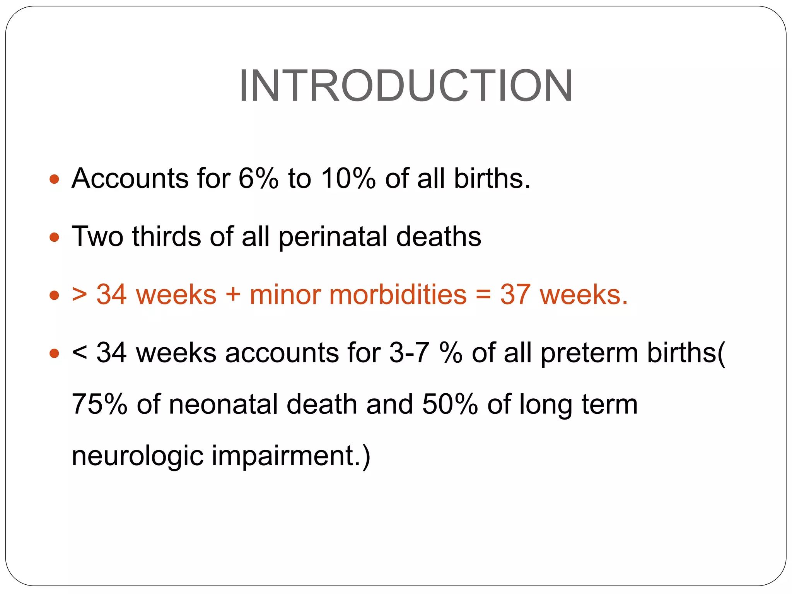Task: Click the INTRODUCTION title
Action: pyautogui.click(x=406, y=86)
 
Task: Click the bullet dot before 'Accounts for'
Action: pyautogui.click(x=55, y=179)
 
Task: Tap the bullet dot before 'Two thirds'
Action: pyautogui.click(x=55, y=237)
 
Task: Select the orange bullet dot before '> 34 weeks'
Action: pyautogui.click(x=55, y=296)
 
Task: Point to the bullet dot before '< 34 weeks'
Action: pyautogui.click(x=55, y=353)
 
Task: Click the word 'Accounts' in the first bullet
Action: pyautogui.click(x=130, y=179)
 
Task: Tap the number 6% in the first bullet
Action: pyautogui.click(x=258, y=179)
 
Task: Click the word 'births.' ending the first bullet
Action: pyautogui.click(x=492, y=179)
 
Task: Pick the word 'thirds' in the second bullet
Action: pyautogui.click(x=166, y=236)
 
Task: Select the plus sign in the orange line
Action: pyautogui.click(x=233, y=295)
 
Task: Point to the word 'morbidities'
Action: pyautogui.click(x=358, y=295)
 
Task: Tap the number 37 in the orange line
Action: pyautogui.click(x=515, y=295)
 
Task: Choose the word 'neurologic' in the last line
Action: pyautogui.click(x=137, y=456)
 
